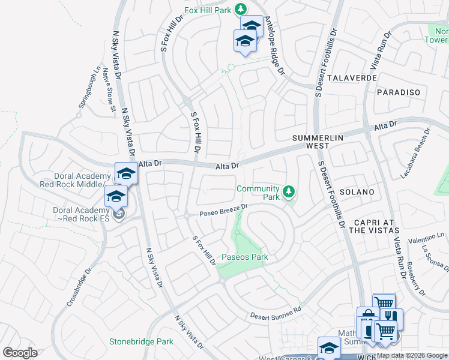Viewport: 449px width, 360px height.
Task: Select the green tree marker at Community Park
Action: [x=289, y=192]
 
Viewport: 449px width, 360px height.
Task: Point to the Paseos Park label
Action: [x=245, y=257]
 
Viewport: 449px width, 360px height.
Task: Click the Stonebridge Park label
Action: [x=141, y=341]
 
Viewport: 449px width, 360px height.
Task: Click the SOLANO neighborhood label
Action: [x=357, y=192]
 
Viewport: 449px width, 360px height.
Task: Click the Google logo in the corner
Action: [x=20, y=353]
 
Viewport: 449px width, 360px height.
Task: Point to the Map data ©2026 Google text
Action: [x=411, y=356]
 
